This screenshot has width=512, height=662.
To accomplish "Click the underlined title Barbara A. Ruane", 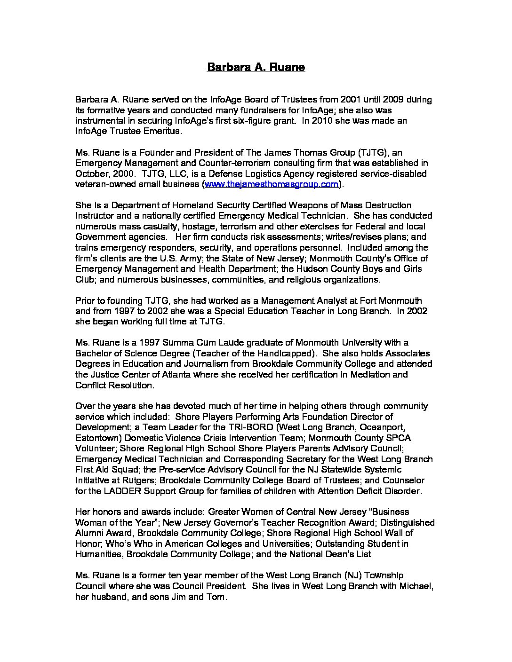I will [256, 67].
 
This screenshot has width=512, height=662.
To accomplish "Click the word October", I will [91, 173].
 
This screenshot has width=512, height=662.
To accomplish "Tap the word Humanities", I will [98, 554].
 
